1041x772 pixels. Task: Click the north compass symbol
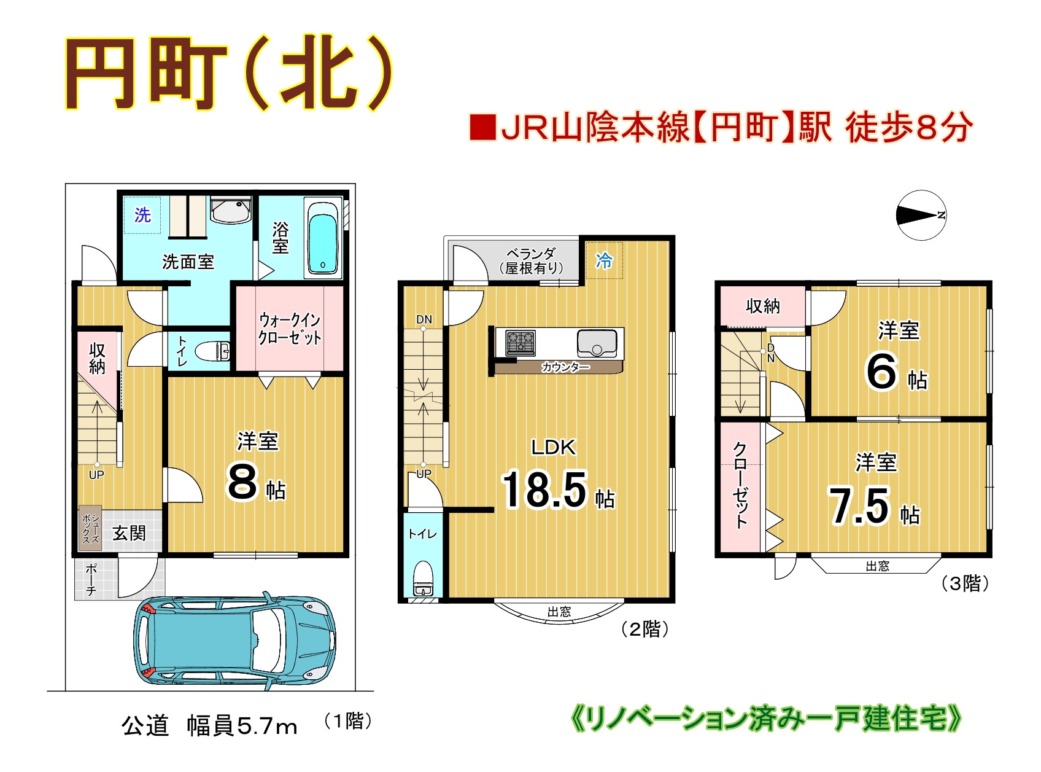pos(921,216)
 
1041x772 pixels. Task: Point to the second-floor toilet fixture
pos(424,578)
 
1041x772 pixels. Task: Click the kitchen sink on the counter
pos(596,343)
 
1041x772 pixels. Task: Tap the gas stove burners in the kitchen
pos(520,342)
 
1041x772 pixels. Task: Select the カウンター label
pos(565,367)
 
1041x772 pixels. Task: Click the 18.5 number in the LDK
pos(544,490)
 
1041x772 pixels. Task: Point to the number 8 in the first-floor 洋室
pos(242,482)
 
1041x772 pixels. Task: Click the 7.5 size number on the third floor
pos(859,506)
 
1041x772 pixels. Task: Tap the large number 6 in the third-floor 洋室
pos(882,371)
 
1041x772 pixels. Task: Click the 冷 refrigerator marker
pos(604,261)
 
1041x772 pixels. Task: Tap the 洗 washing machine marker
pos(142,215)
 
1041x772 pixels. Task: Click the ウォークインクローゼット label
pos(290,329)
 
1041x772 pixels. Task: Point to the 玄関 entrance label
pos(130,533)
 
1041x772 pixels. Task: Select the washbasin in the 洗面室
pos(230,210)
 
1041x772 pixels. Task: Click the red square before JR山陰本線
pos(482,127)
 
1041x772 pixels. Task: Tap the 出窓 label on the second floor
pos(559,612)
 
